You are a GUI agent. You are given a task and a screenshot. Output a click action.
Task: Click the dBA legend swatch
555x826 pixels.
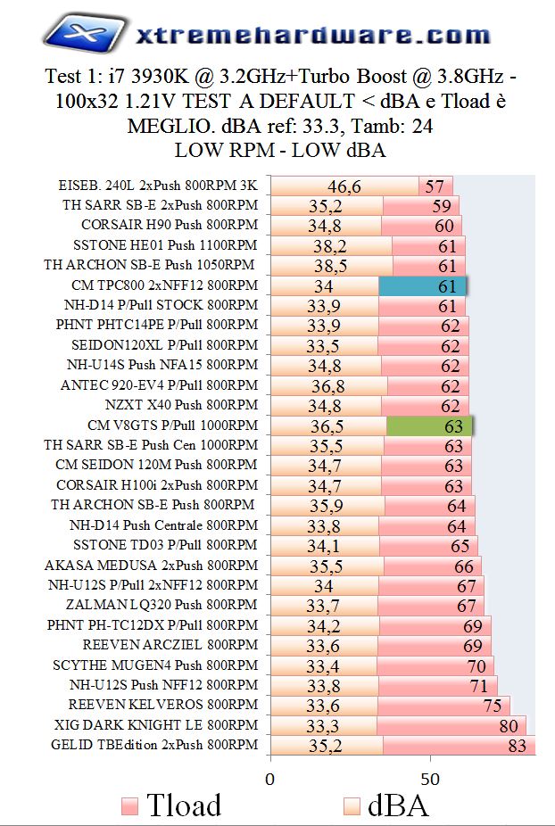point(352,805)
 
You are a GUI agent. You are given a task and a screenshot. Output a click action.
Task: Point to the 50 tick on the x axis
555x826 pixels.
point(431,777)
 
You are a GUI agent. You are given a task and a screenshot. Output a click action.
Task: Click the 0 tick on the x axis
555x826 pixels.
point(269,777)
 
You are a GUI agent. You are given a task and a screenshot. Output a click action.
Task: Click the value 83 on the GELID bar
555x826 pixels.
point(518,746)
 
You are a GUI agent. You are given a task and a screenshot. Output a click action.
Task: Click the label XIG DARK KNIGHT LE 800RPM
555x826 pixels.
point(155,724)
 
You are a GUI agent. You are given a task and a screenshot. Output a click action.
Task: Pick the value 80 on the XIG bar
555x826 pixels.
point(509,725)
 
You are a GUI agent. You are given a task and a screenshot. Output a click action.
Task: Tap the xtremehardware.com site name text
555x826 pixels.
point(312,35)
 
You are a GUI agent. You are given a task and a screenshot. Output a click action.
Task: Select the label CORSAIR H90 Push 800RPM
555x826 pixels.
point(169,225)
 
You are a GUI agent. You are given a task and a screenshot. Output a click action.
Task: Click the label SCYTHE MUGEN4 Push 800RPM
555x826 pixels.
point(155,665)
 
